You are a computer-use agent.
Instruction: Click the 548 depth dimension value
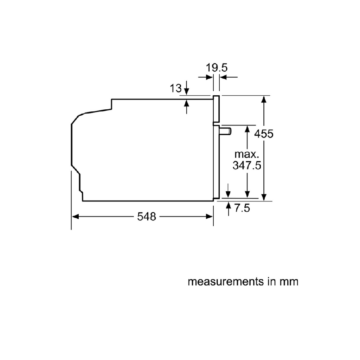click(146, 217)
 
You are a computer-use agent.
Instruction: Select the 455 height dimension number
click(264, 134)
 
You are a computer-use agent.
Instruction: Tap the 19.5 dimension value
click(217, 68)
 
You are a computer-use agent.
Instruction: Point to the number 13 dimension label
click(175, 88)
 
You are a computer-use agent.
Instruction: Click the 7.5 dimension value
click(242, 208)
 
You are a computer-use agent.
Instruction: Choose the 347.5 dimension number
click(247, 165)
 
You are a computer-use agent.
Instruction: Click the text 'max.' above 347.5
click(247, 154)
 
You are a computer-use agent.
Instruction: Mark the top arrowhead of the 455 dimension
click(264, 99)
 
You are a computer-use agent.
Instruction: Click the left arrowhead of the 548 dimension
click(75, 217)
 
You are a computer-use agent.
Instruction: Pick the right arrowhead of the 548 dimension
click(210, 217)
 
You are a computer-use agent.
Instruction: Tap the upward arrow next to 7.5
click(228, 206)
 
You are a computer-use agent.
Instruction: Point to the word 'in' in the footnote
click(270, 282)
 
